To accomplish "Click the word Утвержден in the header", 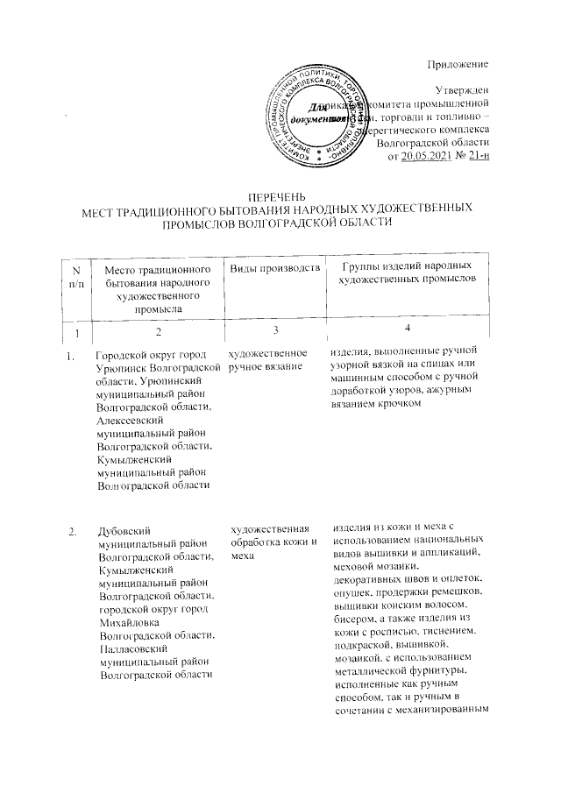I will click(463, 89).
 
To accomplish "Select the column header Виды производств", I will click(273, 266).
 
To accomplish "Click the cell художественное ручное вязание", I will click(266, 363).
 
